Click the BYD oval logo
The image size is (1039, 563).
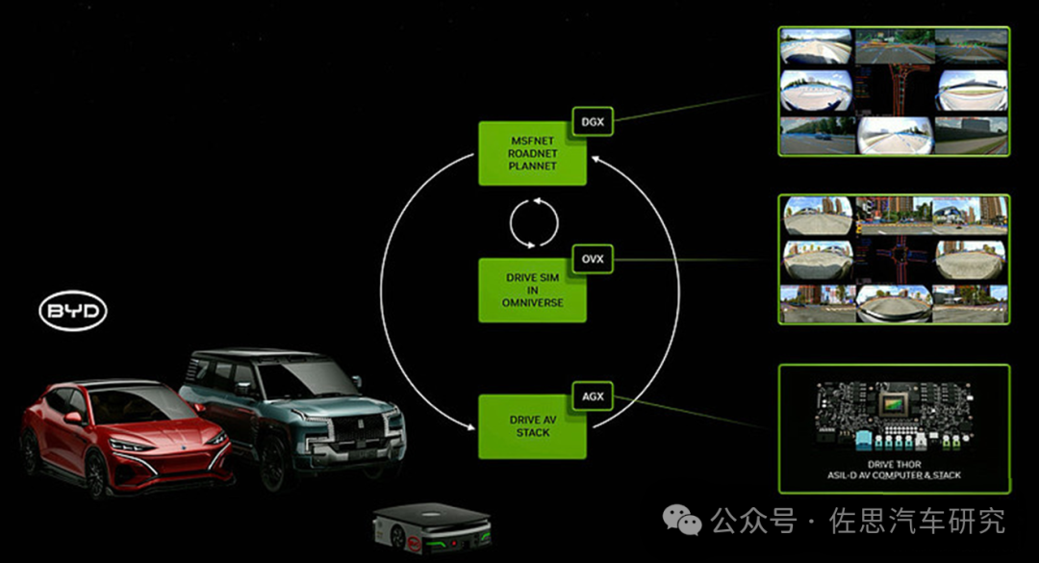(x=73, y=310)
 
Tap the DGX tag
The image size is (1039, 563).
(x=593, y=122)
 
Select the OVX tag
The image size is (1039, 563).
(x=593, y=259)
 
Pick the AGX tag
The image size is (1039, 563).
(x=593, y=397)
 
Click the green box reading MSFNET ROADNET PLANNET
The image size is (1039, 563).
(x=532, y=153)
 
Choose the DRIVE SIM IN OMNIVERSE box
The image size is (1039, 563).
(x=532, y=291)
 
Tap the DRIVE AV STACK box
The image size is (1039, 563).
(x=532, y=426)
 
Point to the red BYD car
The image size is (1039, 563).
(x=126, y=438)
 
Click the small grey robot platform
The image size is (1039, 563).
(x=432, y=528)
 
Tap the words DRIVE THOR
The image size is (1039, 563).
(x=894, y=465)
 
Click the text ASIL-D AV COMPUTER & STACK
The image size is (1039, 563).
(x=894, y=475)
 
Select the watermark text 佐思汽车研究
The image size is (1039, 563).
(x=917, y=521)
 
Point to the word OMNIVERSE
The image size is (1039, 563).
(x=532, y=302)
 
